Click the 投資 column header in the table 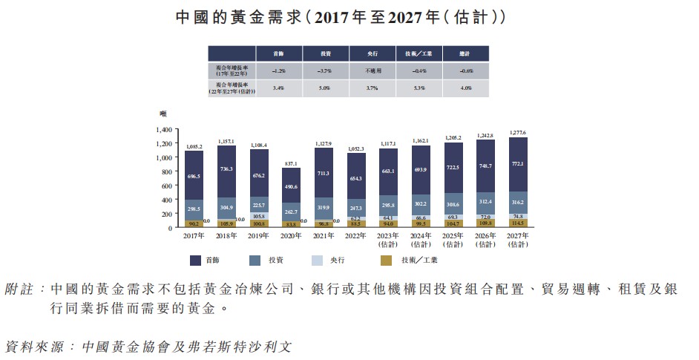(x=326, y=53)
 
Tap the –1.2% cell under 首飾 (x=279, y=71)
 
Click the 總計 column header (x=466, y=53)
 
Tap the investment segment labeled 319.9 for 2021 (x=323, y=209)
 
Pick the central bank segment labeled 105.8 (x=258, y=217)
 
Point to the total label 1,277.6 (x=517, y=132)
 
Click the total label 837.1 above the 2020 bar (x=290, y=163)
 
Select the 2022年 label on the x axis (x=356, y=236)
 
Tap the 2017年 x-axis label (x=194, y=236)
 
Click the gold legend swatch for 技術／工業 (x=386, y=260)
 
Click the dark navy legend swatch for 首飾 (x=196, y=260)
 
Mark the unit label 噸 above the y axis (x=163, y=114)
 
